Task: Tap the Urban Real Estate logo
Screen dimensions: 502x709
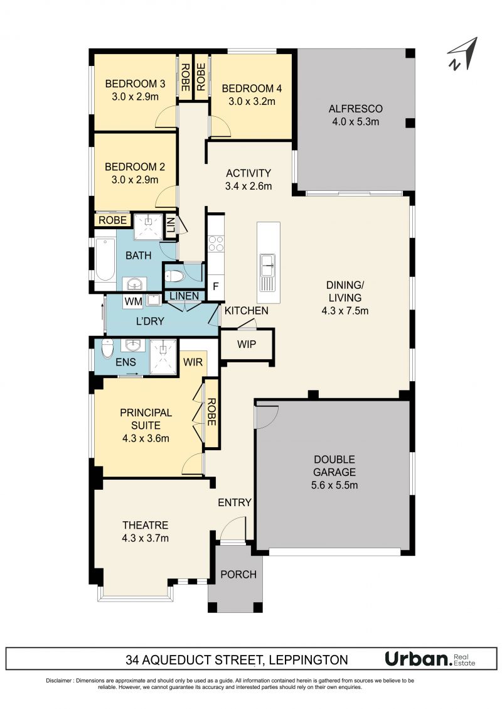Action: coord(430,659)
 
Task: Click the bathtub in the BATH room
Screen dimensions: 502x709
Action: coord(105,259)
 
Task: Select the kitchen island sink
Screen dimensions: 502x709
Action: coord(267,272)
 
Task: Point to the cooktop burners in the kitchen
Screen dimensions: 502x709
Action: coord(215,244)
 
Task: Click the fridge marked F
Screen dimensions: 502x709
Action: coord(215,286)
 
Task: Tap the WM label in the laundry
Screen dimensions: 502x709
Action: coord(133,301)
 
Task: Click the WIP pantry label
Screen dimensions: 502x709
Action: coord(246,345)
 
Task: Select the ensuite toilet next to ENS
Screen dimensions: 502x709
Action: coord(107,349)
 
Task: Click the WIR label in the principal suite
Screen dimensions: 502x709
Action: coord(193,362)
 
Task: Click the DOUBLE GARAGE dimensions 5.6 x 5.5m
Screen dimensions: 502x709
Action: coord(334,485)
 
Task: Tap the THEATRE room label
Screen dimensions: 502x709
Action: coord(145,526)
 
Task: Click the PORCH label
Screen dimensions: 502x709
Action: coord(238,574)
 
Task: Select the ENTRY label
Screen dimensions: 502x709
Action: coord(235,502)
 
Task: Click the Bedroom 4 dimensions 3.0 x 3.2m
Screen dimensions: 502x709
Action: coord(252,101)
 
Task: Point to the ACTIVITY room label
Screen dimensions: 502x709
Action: coord(248,173)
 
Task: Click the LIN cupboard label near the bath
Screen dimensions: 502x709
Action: coord(171,225)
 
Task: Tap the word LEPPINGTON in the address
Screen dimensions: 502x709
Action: coord(308,660)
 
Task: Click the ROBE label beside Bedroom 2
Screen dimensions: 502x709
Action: coord(112,220)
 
